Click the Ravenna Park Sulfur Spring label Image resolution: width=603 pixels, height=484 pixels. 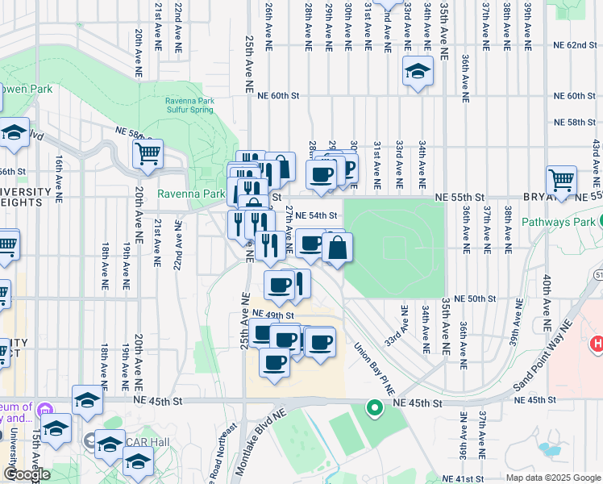coord(190,105)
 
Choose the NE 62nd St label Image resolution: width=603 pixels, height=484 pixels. coord(570,45)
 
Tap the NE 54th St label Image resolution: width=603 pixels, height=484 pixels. coord(315,215)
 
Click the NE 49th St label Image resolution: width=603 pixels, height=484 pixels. coord(269,313)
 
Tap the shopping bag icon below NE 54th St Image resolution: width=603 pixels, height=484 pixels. coord(338,248)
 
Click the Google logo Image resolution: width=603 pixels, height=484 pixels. coord(26,475)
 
